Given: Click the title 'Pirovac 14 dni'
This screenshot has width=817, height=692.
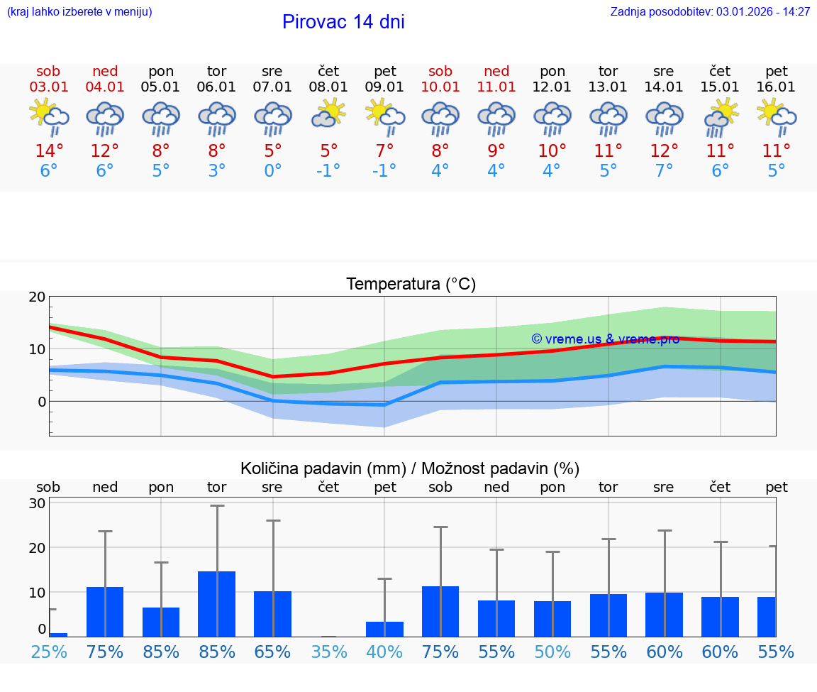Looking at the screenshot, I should [343, 22].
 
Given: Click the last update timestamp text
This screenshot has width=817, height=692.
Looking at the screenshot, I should [710, 12].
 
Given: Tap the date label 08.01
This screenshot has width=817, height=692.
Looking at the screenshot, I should [328, 87].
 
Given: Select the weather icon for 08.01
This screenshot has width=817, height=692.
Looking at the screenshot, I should [328, 113].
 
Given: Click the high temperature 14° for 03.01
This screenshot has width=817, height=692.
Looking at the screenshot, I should [49, 151].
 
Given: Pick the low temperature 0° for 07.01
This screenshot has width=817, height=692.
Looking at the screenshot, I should [272, 171].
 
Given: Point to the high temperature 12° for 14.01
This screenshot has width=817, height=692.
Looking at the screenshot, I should [664, 151].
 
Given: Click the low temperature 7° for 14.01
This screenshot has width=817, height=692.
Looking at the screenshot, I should [664, 171].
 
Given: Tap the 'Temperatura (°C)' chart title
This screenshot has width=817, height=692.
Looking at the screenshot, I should [411, 285].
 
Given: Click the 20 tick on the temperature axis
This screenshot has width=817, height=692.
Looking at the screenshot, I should [38, 297].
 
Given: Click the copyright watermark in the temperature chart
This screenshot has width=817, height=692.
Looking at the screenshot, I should [605, 339].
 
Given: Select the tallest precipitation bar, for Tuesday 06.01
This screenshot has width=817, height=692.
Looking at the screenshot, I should [217, 603].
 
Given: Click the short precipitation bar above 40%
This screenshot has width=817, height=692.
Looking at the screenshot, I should [384, 629].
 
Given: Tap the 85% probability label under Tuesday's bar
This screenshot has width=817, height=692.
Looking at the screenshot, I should [217, 652].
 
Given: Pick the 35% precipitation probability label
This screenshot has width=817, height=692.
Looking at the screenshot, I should [328, 652].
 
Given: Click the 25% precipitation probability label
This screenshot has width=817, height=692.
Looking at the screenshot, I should [49, 652].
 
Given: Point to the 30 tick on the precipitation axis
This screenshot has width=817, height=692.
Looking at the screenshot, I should [38, 503].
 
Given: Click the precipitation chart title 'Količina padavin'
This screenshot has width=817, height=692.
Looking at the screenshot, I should [410, 468].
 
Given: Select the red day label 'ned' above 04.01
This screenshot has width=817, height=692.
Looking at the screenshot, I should [105, 71].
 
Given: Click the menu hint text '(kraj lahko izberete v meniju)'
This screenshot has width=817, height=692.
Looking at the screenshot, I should [79, 12].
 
